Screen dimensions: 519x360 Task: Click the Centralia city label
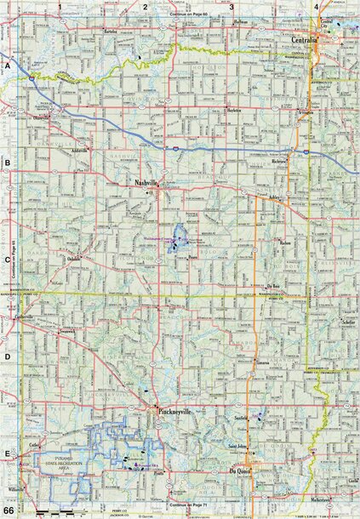[304, 39]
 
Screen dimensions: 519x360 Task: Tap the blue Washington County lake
[179, 236]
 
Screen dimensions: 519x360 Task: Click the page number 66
[9, 510]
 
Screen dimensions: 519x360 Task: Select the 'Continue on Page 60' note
[189, 14]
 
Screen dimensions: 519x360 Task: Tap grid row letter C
[7, 262]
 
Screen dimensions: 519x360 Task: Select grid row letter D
[7, 358]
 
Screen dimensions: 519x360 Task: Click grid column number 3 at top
[231, 6]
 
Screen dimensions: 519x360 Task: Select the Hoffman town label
[241, 20]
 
